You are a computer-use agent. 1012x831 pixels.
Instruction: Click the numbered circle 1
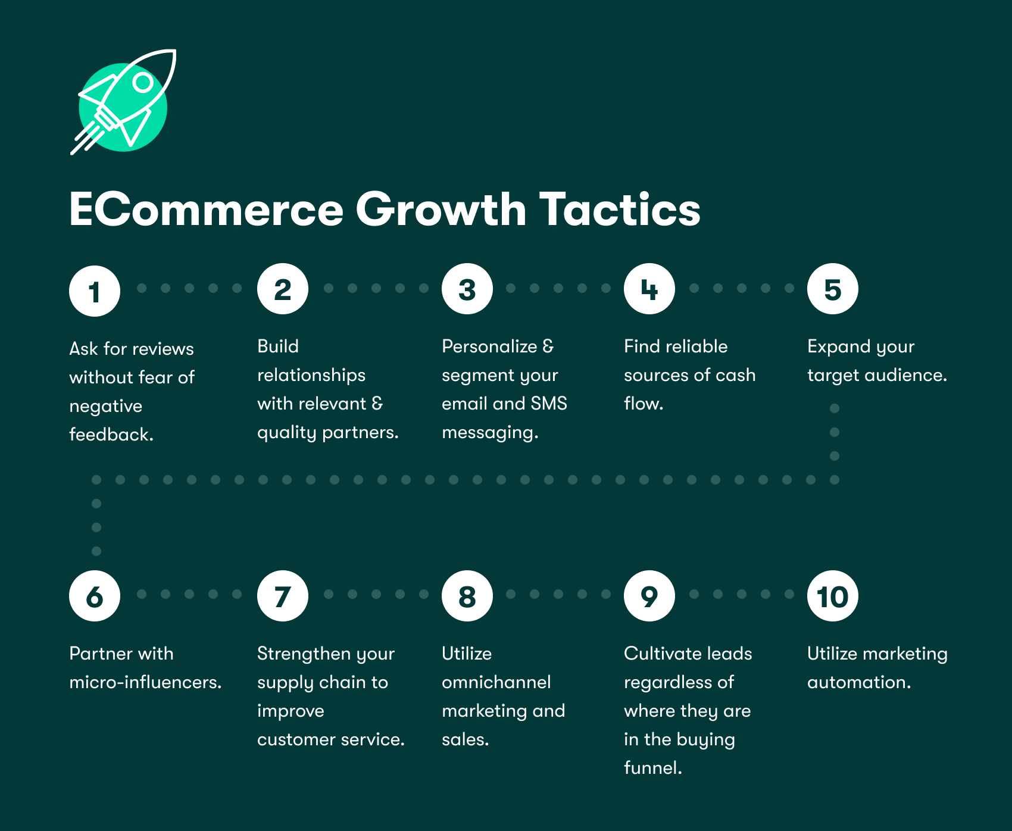click(95, 291)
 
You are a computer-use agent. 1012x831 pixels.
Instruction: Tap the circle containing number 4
click(649, 289)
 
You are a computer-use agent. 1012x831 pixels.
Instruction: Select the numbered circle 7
click(283, 596)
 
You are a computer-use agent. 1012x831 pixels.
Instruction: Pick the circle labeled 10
click(832, 596)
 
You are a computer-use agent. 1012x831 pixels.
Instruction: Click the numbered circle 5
click(832, 289)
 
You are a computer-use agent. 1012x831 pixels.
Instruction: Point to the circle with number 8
click(467, 596)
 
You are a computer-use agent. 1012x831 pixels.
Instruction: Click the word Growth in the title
click(441, 210)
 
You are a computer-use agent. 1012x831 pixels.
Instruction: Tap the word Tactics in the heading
click(619, 210)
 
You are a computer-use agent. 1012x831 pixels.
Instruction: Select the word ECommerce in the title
click(206, 210)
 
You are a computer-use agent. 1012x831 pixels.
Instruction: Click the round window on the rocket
click(143, 82)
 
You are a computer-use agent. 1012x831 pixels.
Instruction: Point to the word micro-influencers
click(145, 682)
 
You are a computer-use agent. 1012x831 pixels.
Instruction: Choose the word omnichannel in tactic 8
click(496, 682)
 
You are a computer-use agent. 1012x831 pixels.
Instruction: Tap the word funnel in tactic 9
click(652, 768)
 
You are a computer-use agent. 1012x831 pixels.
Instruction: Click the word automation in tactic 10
click(858, 682)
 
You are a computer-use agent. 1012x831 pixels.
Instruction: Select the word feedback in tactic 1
click(111, 435)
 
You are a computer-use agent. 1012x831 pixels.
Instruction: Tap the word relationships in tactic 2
click(311, 375)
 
